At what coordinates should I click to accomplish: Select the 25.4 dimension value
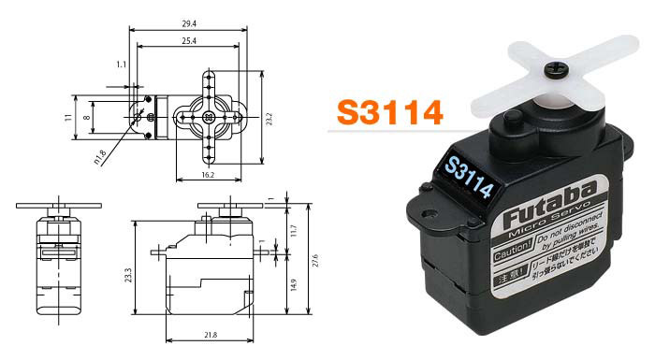pos(187,41)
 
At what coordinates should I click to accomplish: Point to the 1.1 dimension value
pos(121,65)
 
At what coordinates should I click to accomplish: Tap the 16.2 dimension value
pos(208,175)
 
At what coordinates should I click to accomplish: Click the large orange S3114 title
pos(389,112)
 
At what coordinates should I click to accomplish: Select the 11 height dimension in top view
pos(67,117)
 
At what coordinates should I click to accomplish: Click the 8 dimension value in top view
pos(86,117)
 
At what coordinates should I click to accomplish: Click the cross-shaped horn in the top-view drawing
pos(207,117)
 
